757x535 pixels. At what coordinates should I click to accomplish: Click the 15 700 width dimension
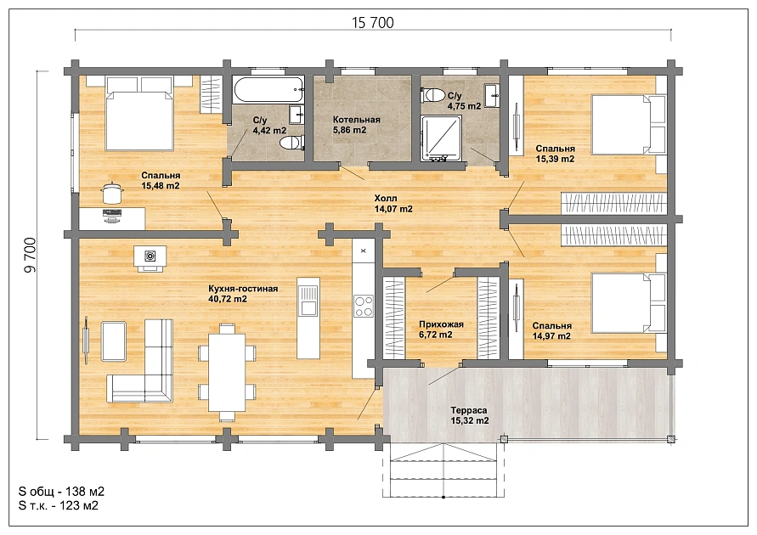(373, 23)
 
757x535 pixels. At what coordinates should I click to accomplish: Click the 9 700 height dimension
(31, 256)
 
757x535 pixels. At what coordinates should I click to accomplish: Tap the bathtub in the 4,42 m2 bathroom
(269, 89)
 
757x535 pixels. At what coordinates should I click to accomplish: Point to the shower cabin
(441, 138)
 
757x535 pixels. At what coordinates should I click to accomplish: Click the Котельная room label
(356, 120)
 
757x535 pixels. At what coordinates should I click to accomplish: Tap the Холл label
(386, 198)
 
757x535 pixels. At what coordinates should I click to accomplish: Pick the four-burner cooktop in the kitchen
(364, 306)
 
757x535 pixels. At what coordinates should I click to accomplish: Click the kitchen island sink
(308, 300)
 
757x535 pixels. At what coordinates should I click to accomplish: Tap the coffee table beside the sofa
(114, 341)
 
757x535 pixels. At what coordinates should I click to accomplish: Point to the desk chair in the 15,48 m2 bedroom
(111, 193)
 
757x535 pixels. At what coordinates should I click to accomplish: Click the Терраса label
(469, 410)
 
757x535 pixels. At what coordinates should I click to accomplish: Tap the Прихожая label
(441, 324)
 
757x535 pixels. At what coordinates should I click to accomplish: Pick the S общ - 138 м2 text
(61, 492)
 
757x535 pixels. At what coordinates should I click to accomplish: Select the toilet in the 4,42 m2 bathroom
(292, 143)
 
